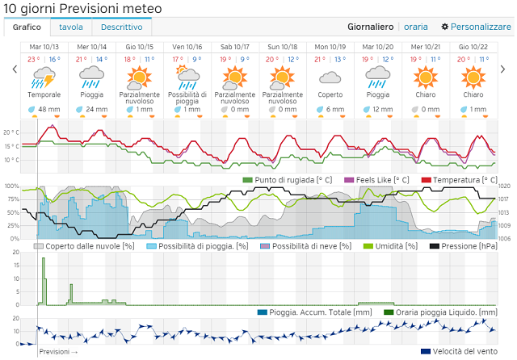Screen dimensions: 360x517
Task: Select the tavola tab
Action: tap(70, 27)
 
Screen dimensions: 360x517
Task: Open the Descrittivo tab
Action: tap(122, 27)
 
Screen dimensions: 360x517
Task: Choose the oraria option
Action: tap(416, 27)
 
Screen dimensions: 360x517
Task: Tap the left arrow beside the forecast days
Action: tap(14, 69)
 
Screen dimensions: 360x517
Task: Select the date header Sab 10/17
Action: tap(234, 47)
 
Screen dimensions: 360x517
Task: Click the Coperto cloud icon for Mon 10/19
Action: tap(330, 77)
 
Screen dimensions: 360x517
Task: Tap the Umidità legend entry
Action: tap(395, 246)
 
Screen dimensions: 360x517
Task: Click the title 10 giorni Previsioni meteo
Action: tap(83, 8)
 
